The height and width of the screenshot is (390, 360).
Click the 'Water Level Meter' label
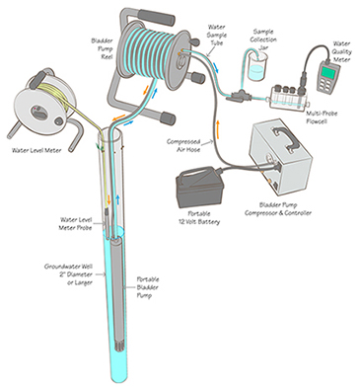(39, 150)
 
